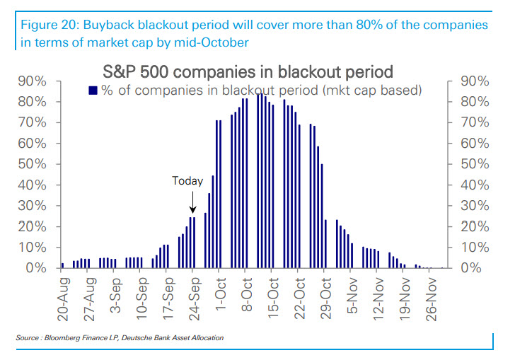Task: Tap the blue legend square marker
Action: (92, 90)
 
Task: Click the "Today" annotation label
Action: (187, 181)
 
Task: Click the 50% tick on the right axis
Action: (468, 164)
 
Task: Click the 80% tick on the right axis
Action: (468, 102)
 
